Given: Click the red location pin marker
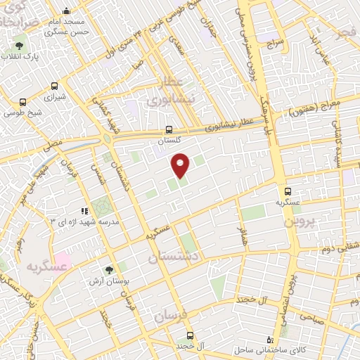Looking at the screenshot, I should [181, 165].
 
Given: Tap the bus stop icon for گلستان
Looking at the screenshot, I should [168, 129].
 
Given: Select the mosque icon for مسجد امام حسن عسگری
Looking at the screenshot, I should [66, 11].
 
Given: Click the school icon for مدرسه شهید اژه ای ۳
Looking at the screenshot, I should [84, 210].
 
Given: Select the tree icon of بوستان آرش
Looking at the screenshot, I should [108, 269].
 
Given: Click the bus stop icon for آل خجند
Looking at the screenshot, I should [190, 335].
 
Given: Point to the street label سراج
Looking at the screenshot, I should [274, 43].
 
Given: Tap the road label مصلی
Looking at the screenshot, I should [54, 142].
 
